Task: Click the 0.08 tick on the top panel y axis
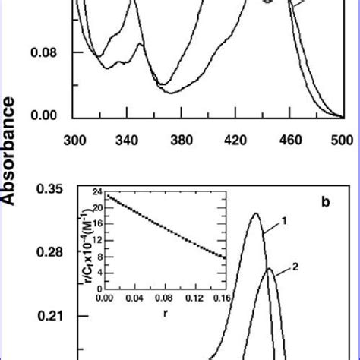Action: tap(46, 52)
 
